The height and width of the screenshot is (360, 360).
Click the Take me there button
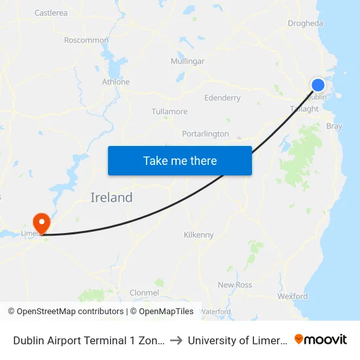pyautogui.click(x=180, y=160)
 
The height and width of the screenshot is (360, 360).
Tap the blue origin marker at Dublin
pyautogui.click(x=317, y=85)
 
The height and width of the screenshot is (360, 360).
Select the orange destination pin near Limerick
pyautogui.click(x=41, y=223)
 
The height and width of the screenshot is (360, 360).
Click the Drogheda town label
pyautogui.click(x=305, y=24)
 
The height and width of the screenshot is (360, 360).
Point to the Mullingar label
pyautogui.click(x=187, y=61)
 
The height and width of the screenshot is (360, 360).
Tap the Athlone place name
pyautogui.click(x=116, y=82)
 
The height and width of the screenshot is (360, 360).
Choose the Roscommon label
pyautogui.click(x=86, y=40)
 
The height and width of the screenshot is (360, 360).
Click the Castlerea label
pyautogui.click(x=51, y=12)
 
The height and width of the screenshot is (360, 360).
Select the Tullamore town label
pyautogui.click(x=170, y=111)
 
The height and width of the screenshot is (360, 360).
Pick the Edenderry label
pyautogui.click(x=223, y=98)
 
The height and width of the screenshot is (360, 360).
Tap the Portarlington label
pyautogui.click(x=206, y=134)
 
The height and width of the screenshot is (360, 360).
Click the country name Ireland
pyautogui.click(x=111, y=197)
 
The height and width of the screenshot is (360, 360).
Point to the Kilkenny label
pyautogui.click(x=199, y=234)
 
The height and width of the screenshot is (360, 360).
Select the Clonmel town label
pyautogui.click(x=145, y=292)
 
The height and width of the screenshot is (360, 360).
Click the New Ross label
pyautogui.click(x=235, y=285)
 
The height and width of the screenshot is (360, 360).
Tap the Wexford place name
pyautogui.click(x=293, y=296)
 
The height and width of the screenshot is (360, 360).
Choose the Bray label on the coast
pyautogui.click(x=334, y=126)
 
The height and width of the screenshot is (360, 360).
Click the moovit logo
pyautogui.click(x=321, y=340)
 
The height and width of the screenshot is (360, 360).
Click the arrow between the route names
pyautogui.click(x=177, y=340)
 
